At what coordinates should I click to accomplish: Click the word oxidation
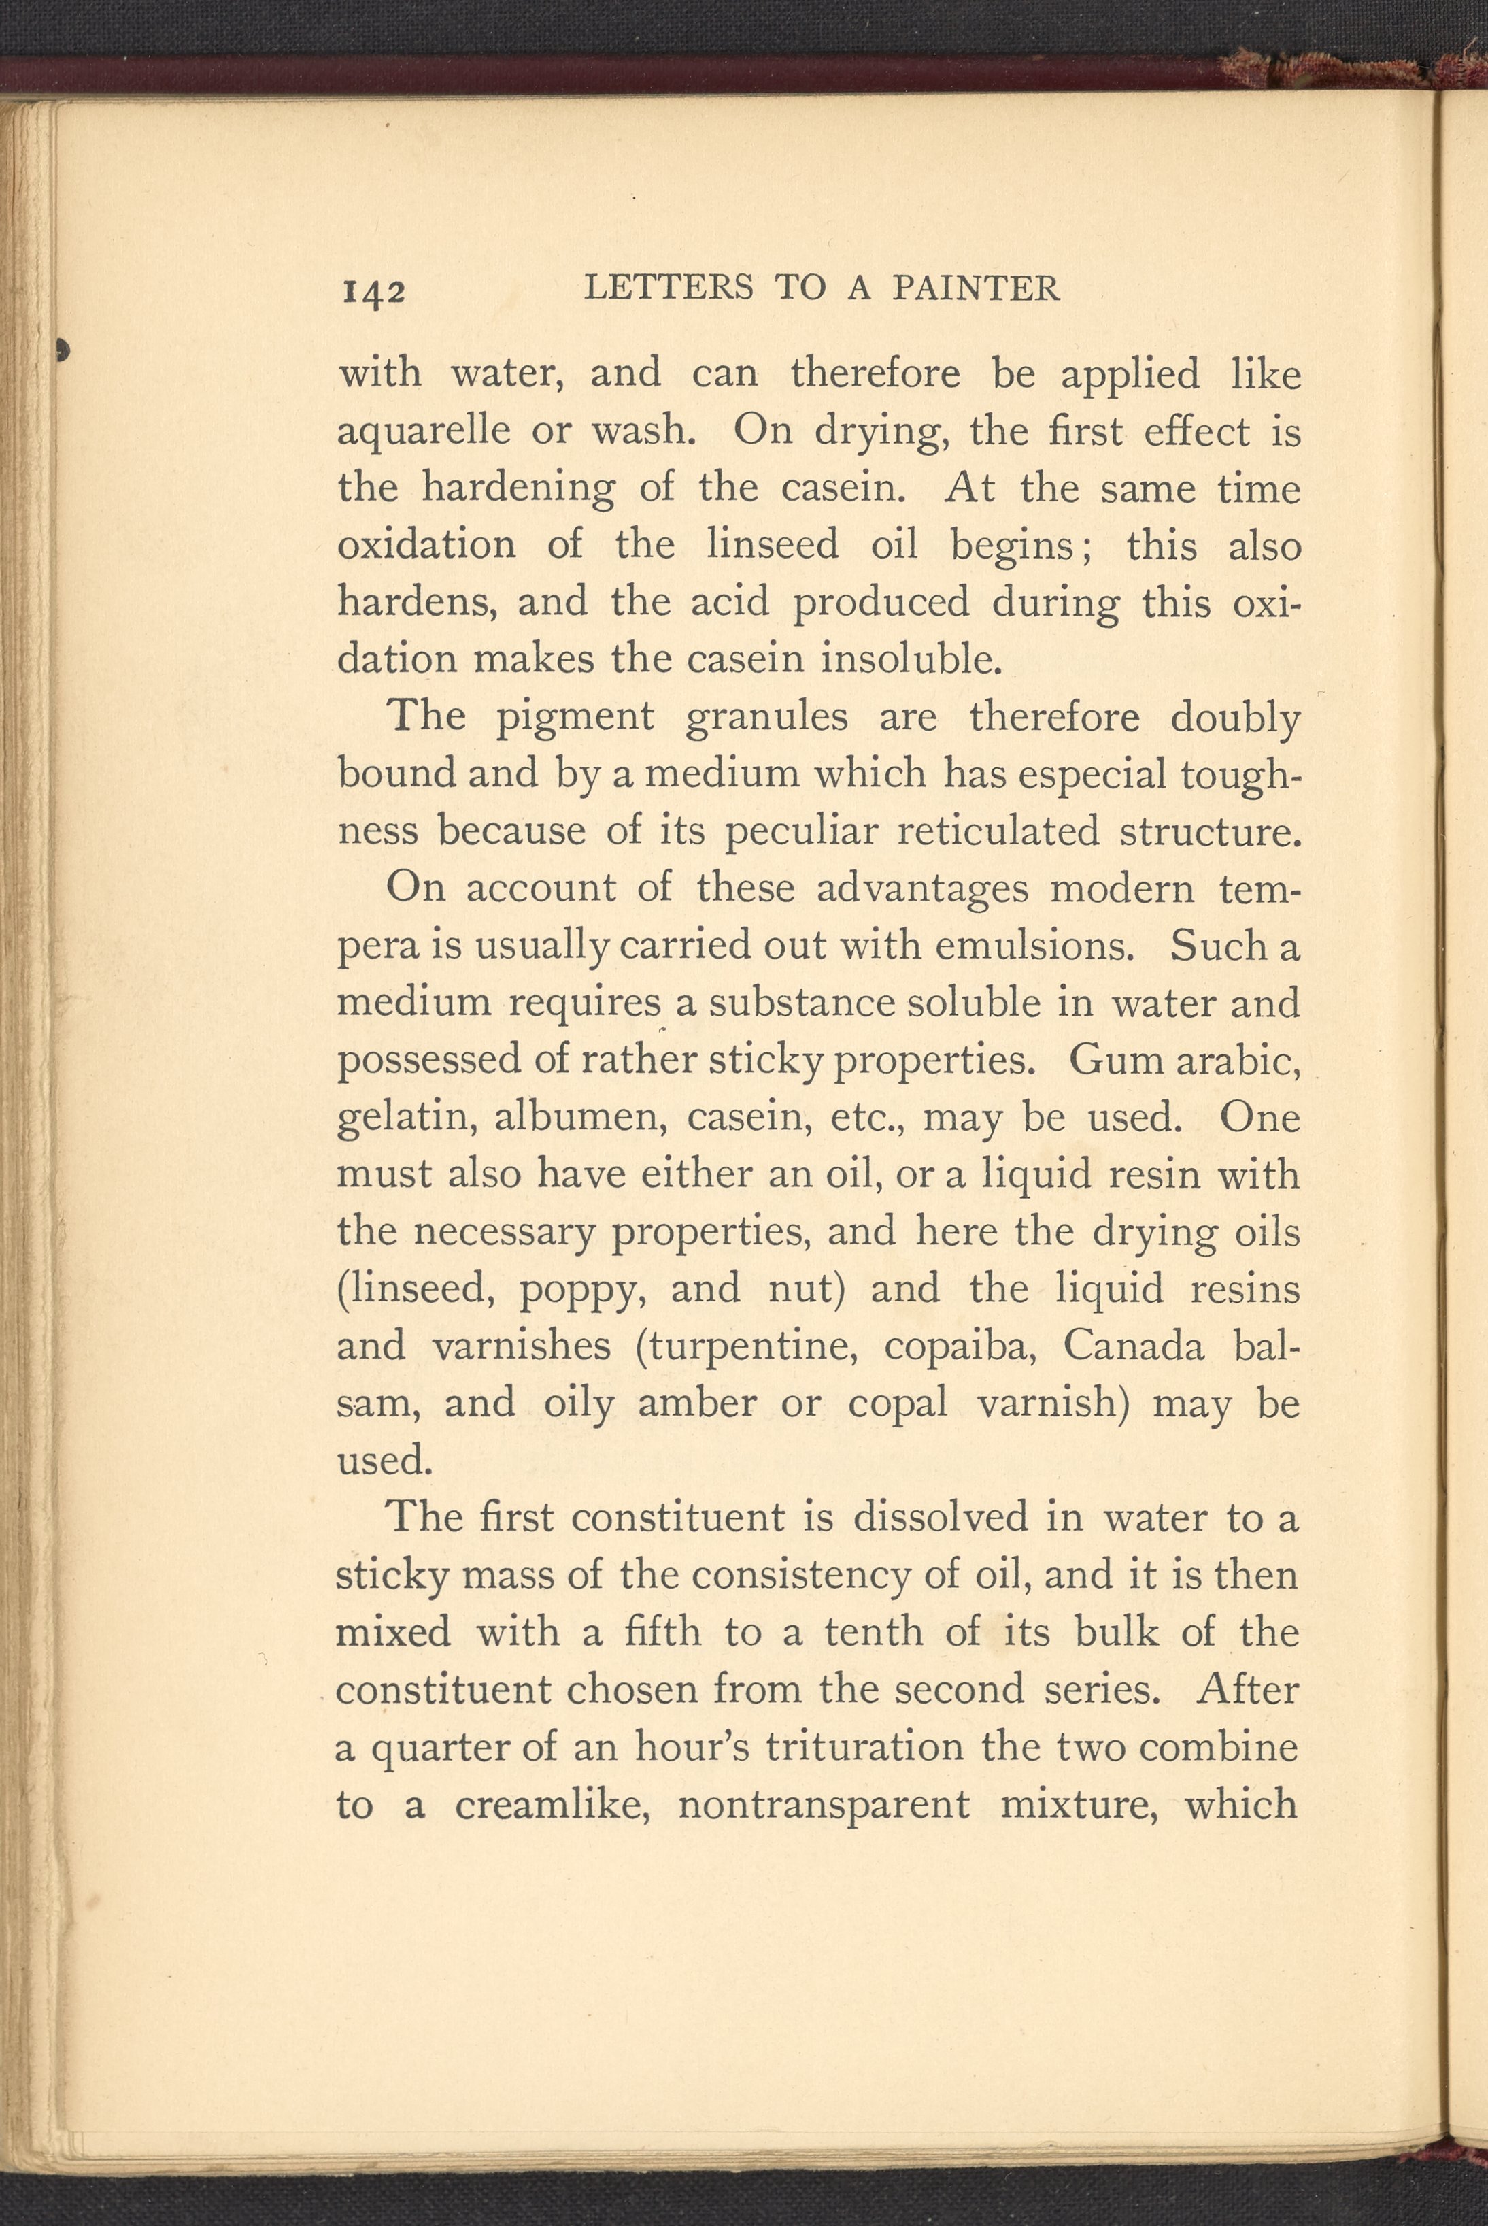(427, 545)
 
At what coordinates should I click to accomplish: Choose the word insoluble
(911, 659)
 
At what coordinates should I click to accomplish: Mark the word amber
(696, 1403)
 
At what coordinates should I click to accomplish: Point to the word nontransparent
(823, 1804)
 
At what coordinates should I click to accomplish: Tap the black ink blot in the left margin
(63, 349)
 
